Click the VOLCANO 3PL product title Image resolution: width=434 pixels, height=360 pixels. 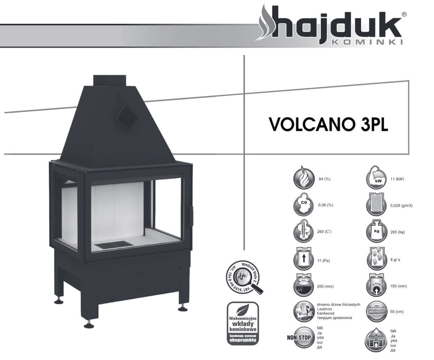tap(328, 124)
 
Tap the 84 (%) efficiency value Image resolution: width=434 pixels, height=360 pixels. tap(325, 179)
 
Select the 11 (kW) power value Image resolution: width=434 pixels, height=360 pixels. tap(397, 179)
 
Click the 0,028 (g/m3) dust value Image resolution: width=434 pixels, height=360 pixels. tap(401, 206)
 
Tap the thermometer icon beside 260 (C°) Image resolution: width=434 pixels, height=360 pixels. tap(303, 232)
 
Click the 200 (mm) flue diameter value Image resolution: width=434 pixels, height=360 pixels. tap(325, 286)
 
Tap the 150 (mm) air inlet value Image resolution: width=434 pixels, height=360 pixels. tap(399, 286)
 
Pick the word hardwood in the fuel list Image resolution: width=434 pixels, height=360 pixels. tap(325, 313)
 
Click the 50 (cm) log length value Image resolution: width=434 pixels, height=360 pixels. tap(397, 312)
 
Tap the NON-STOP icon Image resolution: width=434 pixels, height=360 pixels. tap(299, 338)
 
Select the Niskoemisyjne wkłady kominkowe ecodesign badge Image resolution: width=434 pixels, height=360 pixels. tap(242, 323)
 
